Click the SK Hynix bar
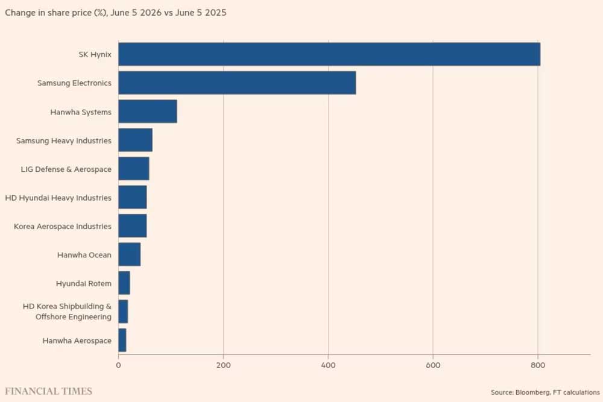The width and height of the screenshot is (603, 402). coord(329,54)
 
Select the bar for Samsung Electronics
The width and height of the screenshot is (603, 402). coord(237,83)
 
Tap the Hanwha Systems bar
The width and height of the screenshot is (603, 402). coord(148,111)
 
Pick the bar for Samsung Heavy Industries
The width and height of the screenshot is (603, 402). coord(135,140)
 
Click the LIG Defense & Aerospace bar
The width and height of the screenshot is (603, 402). coord(134,168)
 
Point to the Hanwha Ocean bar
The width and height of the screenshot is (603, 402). coord(129,254)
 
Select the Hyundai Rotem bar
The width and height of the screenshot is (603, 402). coord(124,283)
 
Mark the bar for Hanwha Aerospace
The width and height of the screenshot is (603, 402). coord(122,340)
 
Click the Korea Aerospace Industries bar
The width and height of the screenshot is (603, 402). coord(132,225)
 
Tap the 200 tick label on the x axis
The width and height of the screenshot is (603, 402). coord(224,365)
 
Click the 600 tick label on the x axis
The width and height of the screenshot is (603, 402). coord(433,365)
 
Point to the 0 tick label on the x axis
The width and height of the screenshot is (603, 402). coord(118,365)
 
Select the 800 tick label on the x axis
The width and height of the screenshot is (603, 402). coord(538,365)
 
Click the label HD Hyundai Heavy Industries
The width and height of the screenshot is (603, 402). coord(58,198)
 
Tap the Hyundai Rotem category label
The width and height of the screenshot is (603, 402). coord(83,284)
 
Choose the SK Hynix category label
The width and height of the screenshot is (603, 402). coord(95,55)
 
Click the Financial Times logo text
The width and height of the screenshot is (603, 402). coord(48,391)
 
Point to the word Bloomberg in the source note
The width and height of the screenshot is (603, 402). coord(532,392)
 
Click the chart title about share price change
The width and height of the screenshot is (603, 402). coord(116,13)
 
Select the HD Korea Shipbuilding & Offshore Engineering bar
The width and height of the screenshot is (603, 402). coord(123,312)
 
